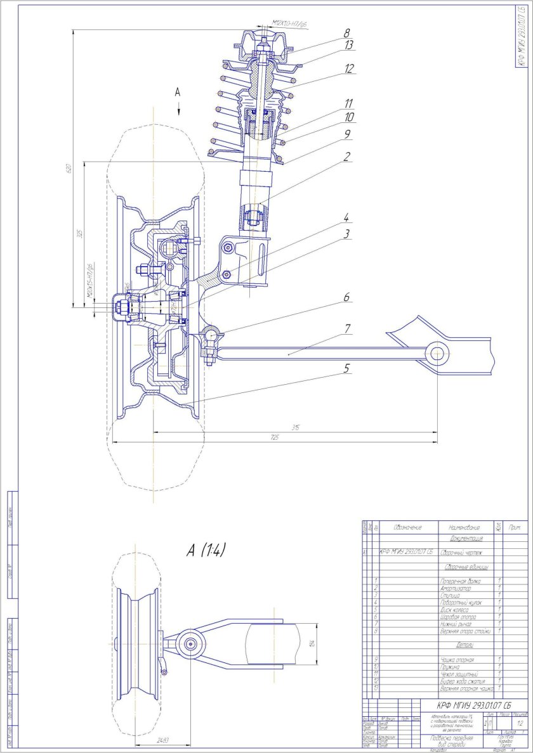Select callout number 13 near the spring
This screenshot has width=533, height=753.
(x=348, y=46)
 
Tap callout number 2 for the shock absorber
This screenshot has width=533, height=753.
(x=346, y=156)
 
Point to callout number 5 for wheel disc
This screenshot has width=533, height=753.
(x=346, y=368)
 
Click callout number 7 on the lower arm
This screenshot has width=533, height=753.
(x=346, y=328)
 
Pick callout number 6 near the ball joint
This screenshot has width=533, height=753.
(x=346, y=297)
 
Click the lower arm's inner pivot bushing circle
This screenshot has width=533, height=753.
(x=436, y=352)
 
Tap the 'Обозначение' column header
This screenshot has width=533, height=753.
(x=407, y=527)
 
